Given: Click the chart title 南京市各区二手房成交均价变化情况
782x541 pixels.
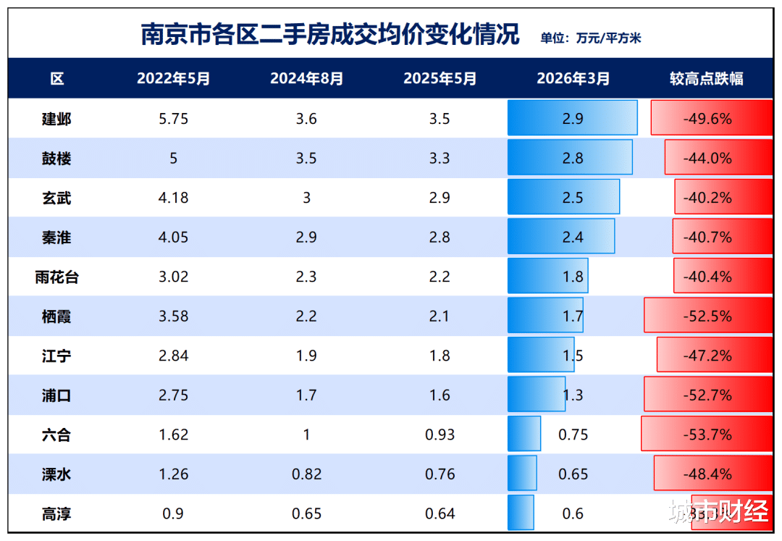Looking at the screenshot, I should pos(330,34).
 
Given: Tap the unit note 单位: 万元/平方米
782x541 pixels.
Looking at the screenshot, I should pos(590,38).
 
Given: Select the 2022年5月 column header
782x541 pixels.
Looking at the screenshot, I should pos(173,79).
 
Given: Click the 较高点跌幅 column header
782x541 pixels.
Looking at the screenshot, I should pos(706,79).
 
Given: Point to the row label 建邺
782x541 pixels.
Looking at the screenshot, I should pos(56,119).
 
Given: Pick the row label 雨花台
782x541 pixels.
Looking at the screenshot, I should pos(56,277).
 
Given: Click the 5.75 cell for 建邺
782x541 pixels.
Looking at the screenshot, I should pos(173,119).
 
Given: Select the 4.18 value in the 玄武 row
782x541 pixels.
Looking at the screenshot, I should pos(173,198).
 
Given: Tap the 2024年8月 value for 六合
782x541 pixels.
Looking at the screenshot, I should pos(306,435).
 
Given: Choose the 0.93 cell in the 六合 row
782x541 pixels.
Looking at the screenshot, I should pos(440,435).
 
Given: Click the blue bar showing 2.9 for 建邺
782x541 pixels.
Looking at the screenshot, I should pos(572,118).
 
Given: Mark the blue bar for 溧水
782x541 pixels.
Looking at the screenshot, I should pos(522,474).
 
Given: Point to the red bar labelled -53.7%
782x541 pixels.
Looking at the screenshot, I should pos(706,435).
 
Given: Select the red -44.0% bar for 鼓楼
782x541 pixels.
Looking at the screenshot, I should pos(718,158).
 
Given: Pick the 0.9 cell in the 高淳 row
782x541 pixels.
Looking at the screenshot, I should pos(173,513).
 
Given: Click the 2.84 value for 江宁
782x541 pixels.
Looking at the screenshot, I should pos(173,356).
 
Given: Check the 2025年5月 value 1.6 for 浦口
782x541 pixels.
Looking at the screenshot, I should pos(440,395).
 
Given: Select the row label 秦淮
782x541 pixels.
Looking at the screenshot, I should pos(56,238).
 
